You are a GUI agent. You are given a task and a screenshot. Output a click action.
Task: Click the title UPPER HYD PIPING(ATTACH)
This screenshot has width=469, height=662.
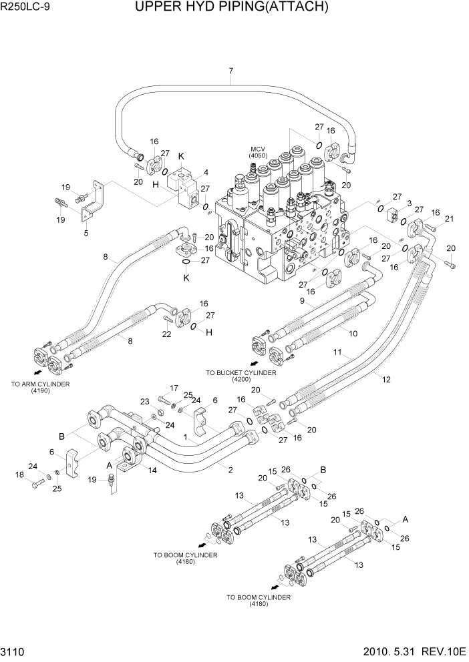tap(231, 7)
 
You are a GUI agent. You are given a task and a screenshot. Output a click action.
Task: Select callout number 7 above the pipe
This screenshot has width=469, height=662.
tap(230, 71)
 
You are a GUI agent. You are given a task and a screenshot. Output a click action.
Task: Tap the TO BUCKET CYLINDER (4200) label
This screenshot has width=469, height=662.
tap(241, 376)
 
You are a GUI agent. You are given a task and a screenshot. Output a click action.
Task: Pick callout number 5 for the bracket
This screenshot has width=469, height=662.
tap(86, 233)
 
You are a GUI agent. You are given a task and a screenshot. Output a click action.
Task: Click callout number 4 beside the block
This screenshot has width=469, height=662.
tap(206, 172)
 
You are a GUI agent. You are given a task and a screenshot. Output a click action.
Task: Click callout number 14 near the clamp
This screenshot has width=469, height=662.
tap(152, 470)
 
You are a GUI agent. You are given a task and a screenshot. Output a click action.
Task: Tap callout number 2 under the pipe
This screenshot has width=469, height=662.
tap(230, 470)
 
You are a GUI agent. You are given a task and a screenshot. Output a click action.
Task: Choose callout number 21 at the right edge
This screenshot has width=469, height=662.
tap(449, 219)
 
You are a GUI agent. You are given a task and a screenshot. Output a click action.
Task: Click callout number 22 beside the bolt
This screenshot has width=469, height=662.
tap(168, 334)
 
